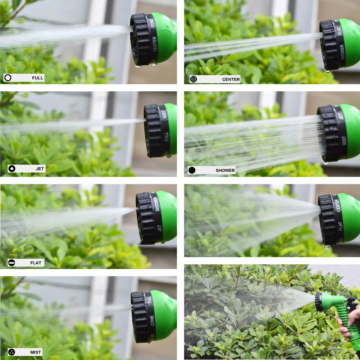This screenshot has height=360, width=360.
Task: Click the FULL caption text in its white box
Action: [37, 78]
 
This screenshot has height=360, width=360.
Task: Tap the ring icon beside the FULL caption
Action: [8, 78]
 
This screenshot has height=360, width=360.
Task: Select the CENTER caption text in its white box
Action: [231, 79]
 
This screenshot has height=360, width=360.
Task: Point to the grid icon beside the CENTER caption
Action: [193, 79]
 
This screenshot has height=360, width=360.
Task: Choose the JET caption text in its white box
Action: [40, 169]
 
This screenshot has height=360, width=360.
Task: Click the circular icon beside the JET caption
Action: [12, 169]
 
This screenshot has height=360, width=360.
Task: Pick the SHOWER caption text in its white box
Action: [225, 170]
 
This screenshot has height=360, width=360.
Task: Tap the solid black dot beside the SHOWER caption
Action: [192, 170]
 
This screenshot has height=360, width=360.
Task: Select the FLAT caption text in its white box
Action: [36, 263]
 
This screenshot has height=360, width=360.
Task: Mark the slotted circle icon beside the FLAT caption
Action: [12, 263]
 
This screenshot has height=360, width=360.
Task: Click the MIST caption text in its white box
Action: [36, 352]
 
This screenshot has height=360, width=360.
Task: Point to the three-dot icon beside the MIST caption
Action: [12, 352]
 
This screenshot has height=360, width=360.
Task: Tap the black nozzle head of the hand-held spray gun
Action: [319, 302]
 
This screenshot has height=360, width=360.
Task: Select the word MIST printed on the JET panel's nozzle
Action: [164, 114]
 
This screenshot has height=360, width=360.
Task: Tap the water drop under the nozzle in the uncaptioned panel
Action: [326, 247]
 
